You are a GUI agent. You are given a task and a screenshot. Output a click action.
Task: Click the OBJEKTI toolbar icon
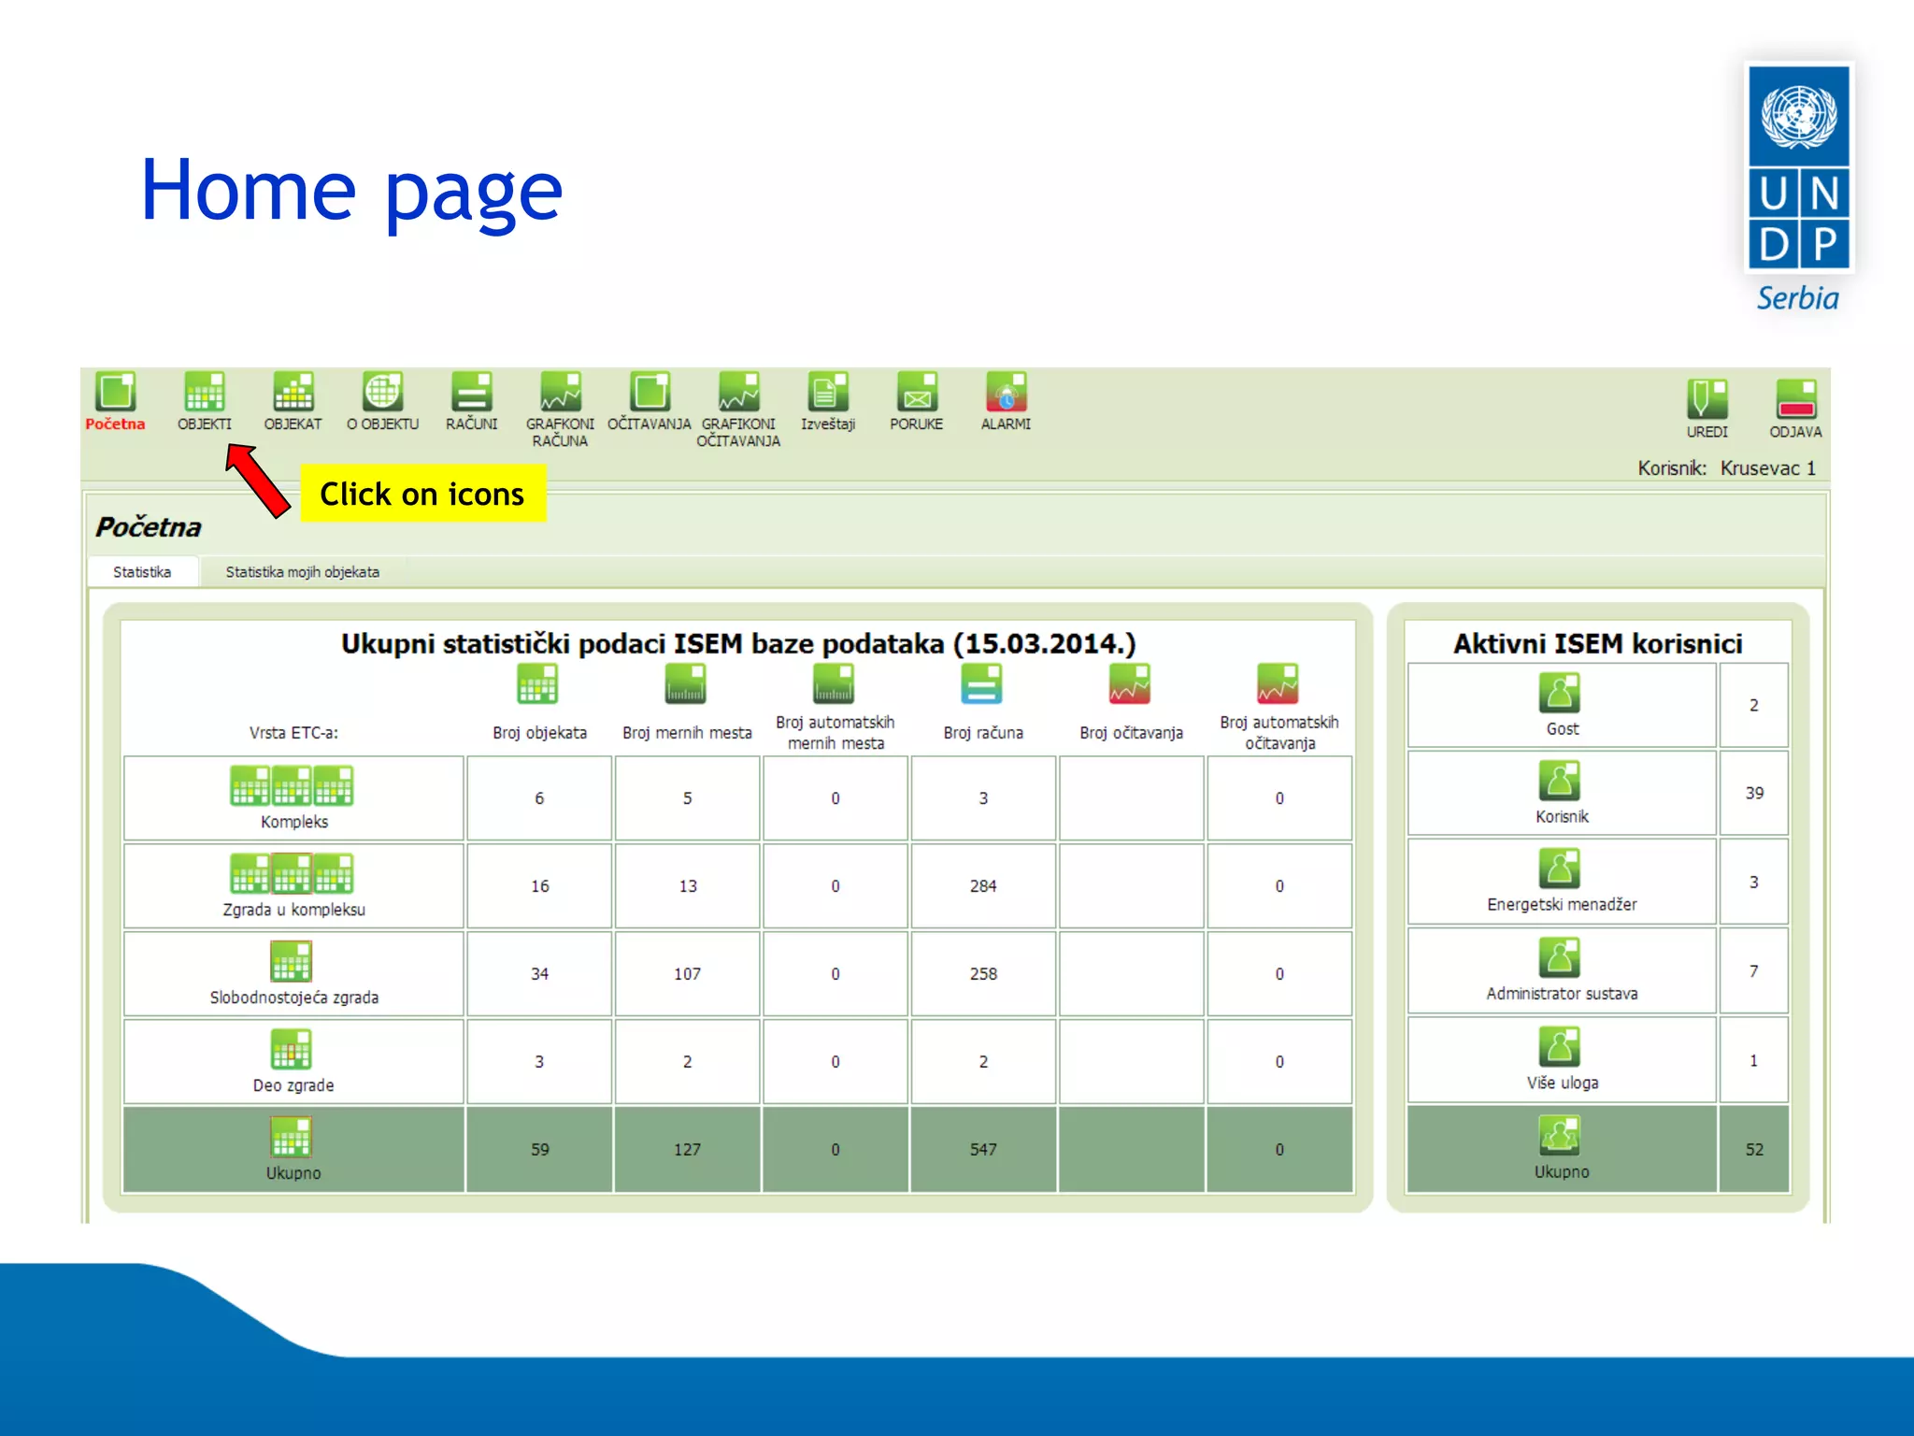(204, 393)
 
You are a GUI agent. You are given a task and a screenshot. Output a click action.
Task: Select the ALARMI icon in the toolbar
(1006, 393)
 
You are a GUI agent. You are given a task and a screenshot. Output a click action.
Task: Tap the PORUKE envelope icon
(917, 393)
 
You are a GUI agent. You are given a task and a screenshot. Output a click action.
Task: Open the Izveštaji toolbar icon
(827, 393)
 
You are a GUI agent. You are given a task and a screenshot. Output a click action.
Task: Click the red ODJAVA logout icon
(1795, 399)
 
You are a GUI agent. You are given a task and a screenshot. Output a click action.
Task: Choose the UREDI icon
(1707, 399)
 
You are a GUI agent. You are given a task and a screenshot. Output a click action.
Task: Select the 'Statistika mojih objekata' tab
(302, 572)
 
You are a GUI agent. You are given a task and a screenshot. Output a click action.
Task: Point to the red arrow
(258, 480)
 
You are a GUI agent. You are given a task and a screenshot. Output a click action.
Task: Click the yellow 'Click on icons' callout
(422, 494)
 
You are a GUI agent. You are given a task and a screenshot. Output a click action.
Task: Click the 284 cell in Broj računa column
(983, 885)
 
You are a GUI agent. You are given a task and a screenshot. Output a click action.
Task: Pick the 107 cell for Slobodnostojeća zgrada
(687, 973)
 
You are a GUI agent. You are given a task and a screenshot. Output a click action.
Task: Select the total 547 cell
(983, 1149)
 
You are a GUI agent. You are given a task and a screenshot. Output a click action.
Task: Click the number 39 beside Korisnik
(1754, 793)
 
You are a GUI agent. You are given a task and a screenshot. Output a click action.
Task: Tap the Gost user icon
(1560, 693)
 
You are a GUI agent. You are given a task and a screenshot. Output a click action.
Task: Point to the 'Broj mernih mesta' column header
(687, 733)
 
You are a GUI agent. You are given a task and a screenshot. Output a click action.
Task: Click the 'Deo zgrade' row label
(293, 1085)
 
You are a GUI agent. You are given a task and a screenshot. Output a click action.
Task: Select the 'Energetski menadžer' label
(1562, 904)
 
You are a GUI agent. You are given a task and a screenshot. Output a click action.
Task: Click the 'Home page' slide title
(351, 191)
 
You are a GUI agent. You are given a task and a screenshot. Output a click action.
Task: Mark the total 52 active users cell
(1754, 1149)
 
